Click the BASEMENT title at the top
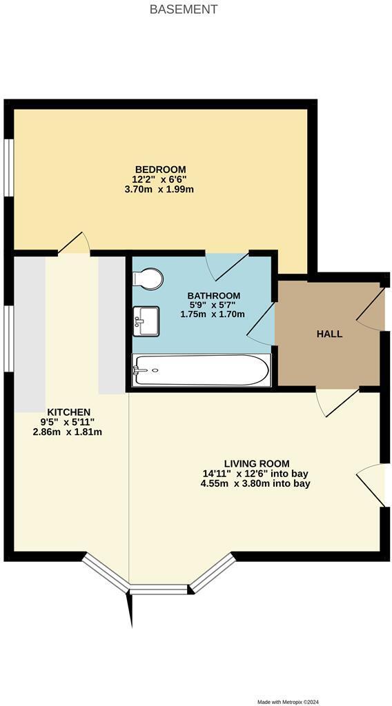tap(184, 10)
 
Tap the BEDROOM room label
tap(160, 170)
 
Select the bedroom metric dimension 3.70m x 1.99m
tap(160, 189)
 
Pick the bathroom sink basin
tap(146, 321)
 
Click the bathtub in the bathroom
tap(200, 371)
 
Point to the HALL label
tap(329, 334)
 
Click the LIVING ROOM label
tap(256, 463)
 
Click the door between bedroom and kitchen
tap(75, 243)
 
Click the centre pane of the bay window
tap(159, 589)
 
